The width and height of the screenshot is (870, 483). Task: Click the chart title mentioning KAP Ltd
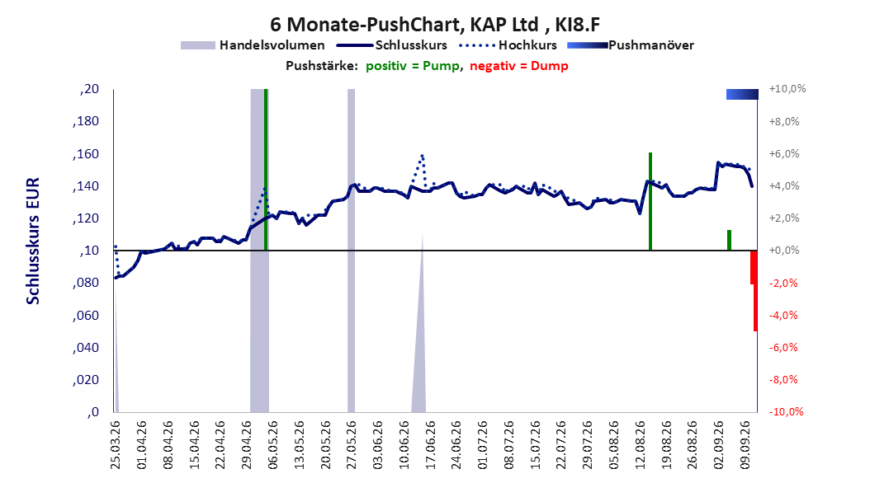coord(435,25)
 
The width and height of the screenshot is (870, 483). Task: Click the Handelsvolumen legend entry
coord(253,45)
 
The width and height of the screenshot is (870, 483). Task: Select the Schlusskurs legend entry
coord(391,45)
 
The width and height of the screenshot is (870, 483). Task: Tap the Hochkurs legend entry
coord(508,45)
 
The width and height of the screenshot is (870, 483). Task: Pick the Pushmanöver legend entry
coord(631,45)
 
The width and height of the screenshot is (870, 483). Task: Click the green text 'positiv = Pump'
coord(413,66)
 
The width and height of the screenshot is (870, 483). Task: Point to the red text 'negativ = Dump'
coord(519,66)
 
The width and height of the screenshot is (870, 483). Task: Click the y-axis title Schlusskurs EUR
coord(33,241)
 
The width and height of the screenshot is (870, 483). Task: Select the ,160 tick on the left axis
coord(86,154)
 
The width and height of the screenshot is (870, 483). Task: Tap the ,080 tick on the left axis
coord(86,283)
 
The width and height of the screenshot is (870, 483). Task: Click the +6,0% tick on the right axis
coord(784,154)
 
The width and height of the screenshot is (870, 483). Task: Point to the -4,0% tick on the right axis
coord(784,315)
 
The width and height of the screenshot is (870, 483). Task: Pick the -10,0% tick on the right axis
coord(786,411)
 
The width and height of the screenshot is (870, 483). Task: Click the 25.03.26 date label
coord(116,445)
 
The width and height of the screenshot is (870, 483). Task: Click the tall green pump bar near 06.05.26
coord(266,170)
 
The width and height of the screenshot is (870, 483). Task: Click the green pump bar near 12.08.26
coord(650,202)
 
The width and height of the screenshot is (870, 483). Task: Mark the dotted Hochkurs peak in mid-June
coord(423,157)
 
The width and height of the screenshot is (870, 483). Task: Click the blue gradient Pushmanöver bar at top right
coord(742,94)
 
